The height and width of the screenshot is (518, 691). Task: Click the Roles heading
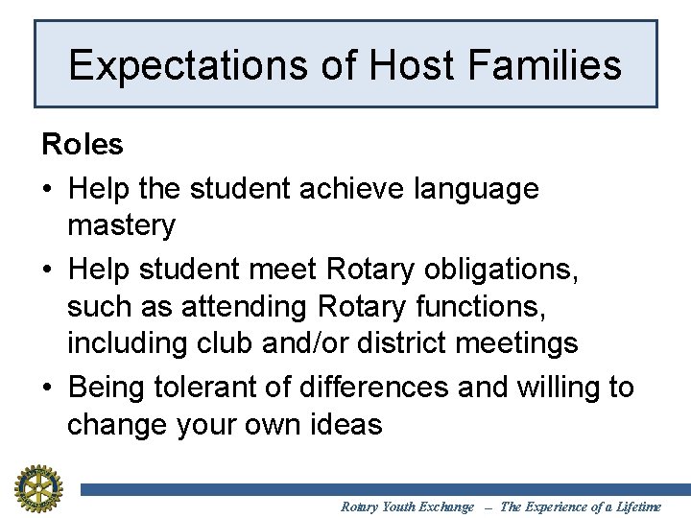[x=83, y=145]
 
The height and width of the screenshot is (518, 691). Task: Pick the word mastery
[x=122, y=226]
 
